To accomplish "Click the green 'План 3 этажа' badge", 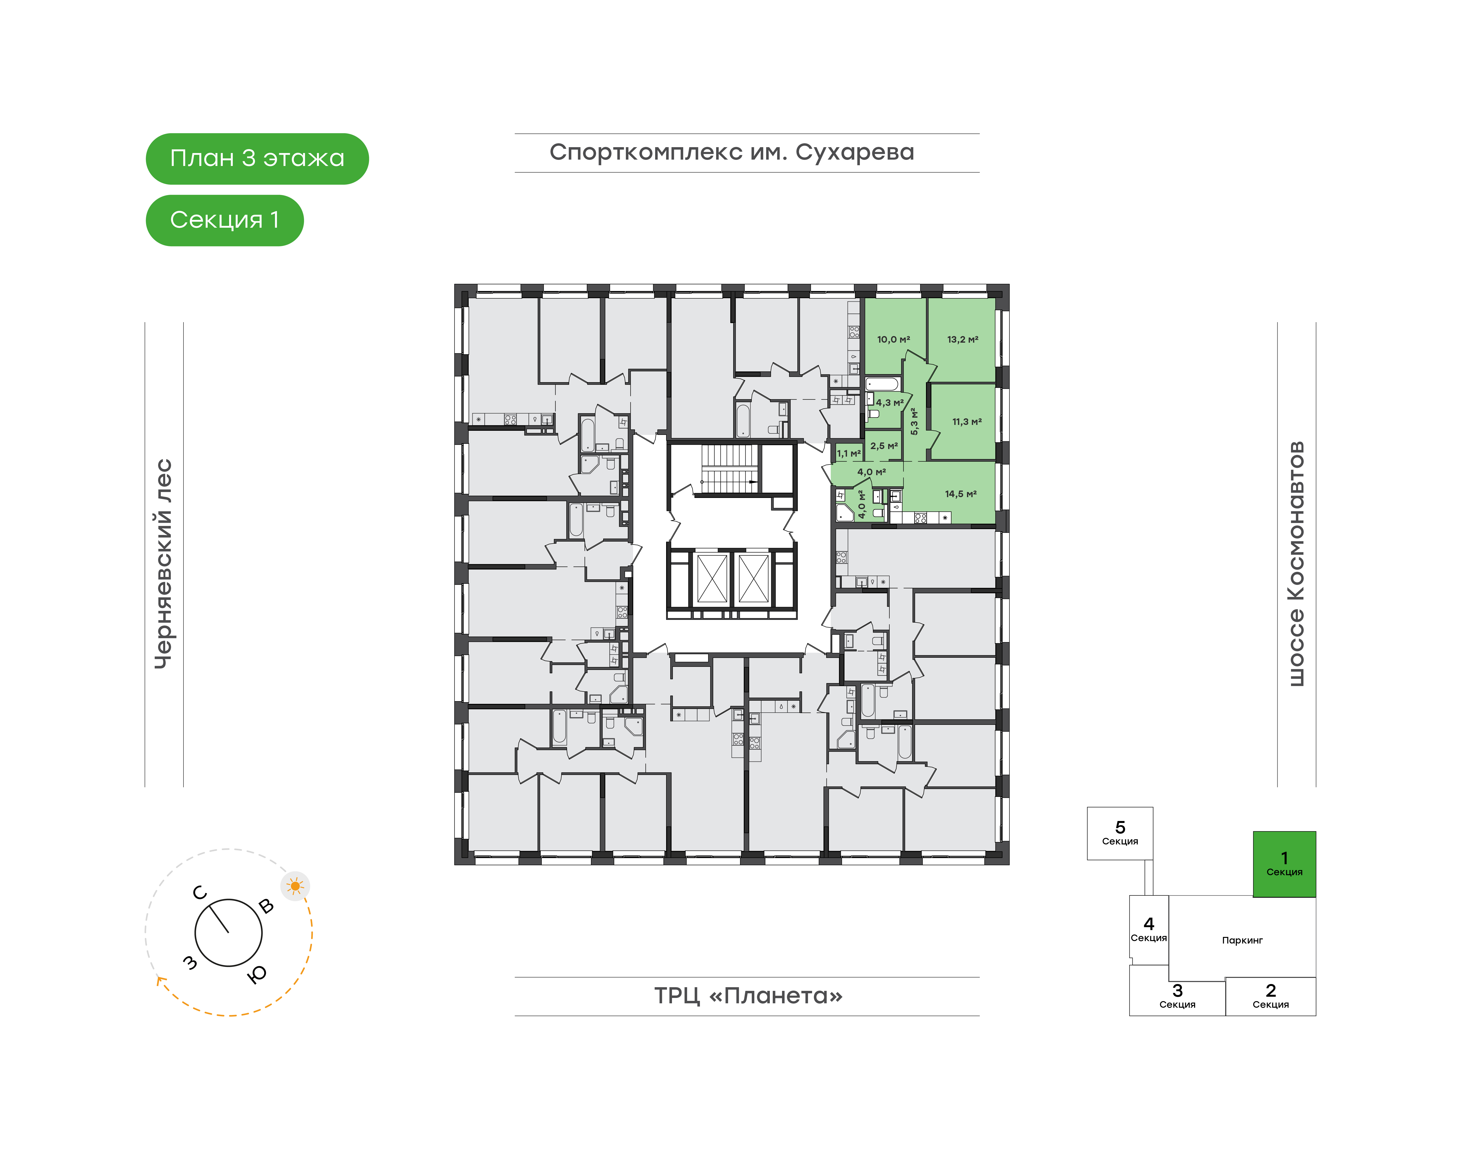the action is pos(257,159).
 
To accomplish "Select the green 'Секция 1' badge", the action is pos(225,220).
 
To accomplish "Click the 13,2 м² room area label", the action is pos(962,340).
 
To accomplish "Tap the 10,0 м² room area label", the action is pos(893,340).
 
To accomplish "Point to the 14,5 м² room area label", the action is pos(960,494).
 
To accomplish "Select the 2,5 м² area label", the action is pos(884,446).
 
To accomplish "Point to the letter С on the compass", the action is pos(200,893).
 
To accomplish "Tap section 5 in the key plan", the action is pos(1120,833).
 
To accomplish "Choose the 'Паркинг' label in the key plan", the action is pos(1242,941).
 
